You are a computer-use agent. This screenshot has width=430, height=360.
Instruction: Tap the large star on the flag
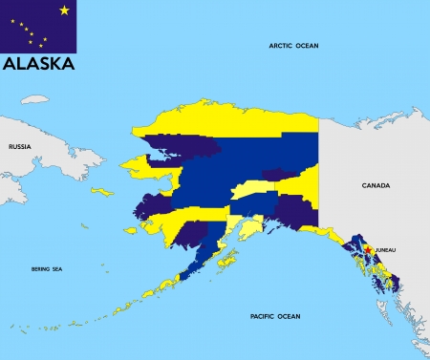pos(64,11)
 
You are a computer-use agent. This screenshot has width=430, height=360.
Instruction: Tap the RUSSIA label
pos(20,146)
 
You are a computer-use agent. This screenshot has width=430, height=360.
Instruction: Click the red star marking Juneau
pos(368,250)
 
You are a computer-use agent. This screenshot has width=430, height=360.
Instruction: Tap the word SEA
pos(57,269)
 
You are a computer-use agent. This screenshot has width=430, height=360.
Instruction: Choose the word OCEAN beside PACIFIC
pos(289,316)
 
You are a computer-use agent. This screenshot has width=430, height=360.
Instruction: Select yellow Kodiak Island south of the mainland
pos(228,259)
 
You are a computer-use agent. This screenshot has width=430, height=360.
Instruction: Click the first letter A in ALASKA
pos(10,65)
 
